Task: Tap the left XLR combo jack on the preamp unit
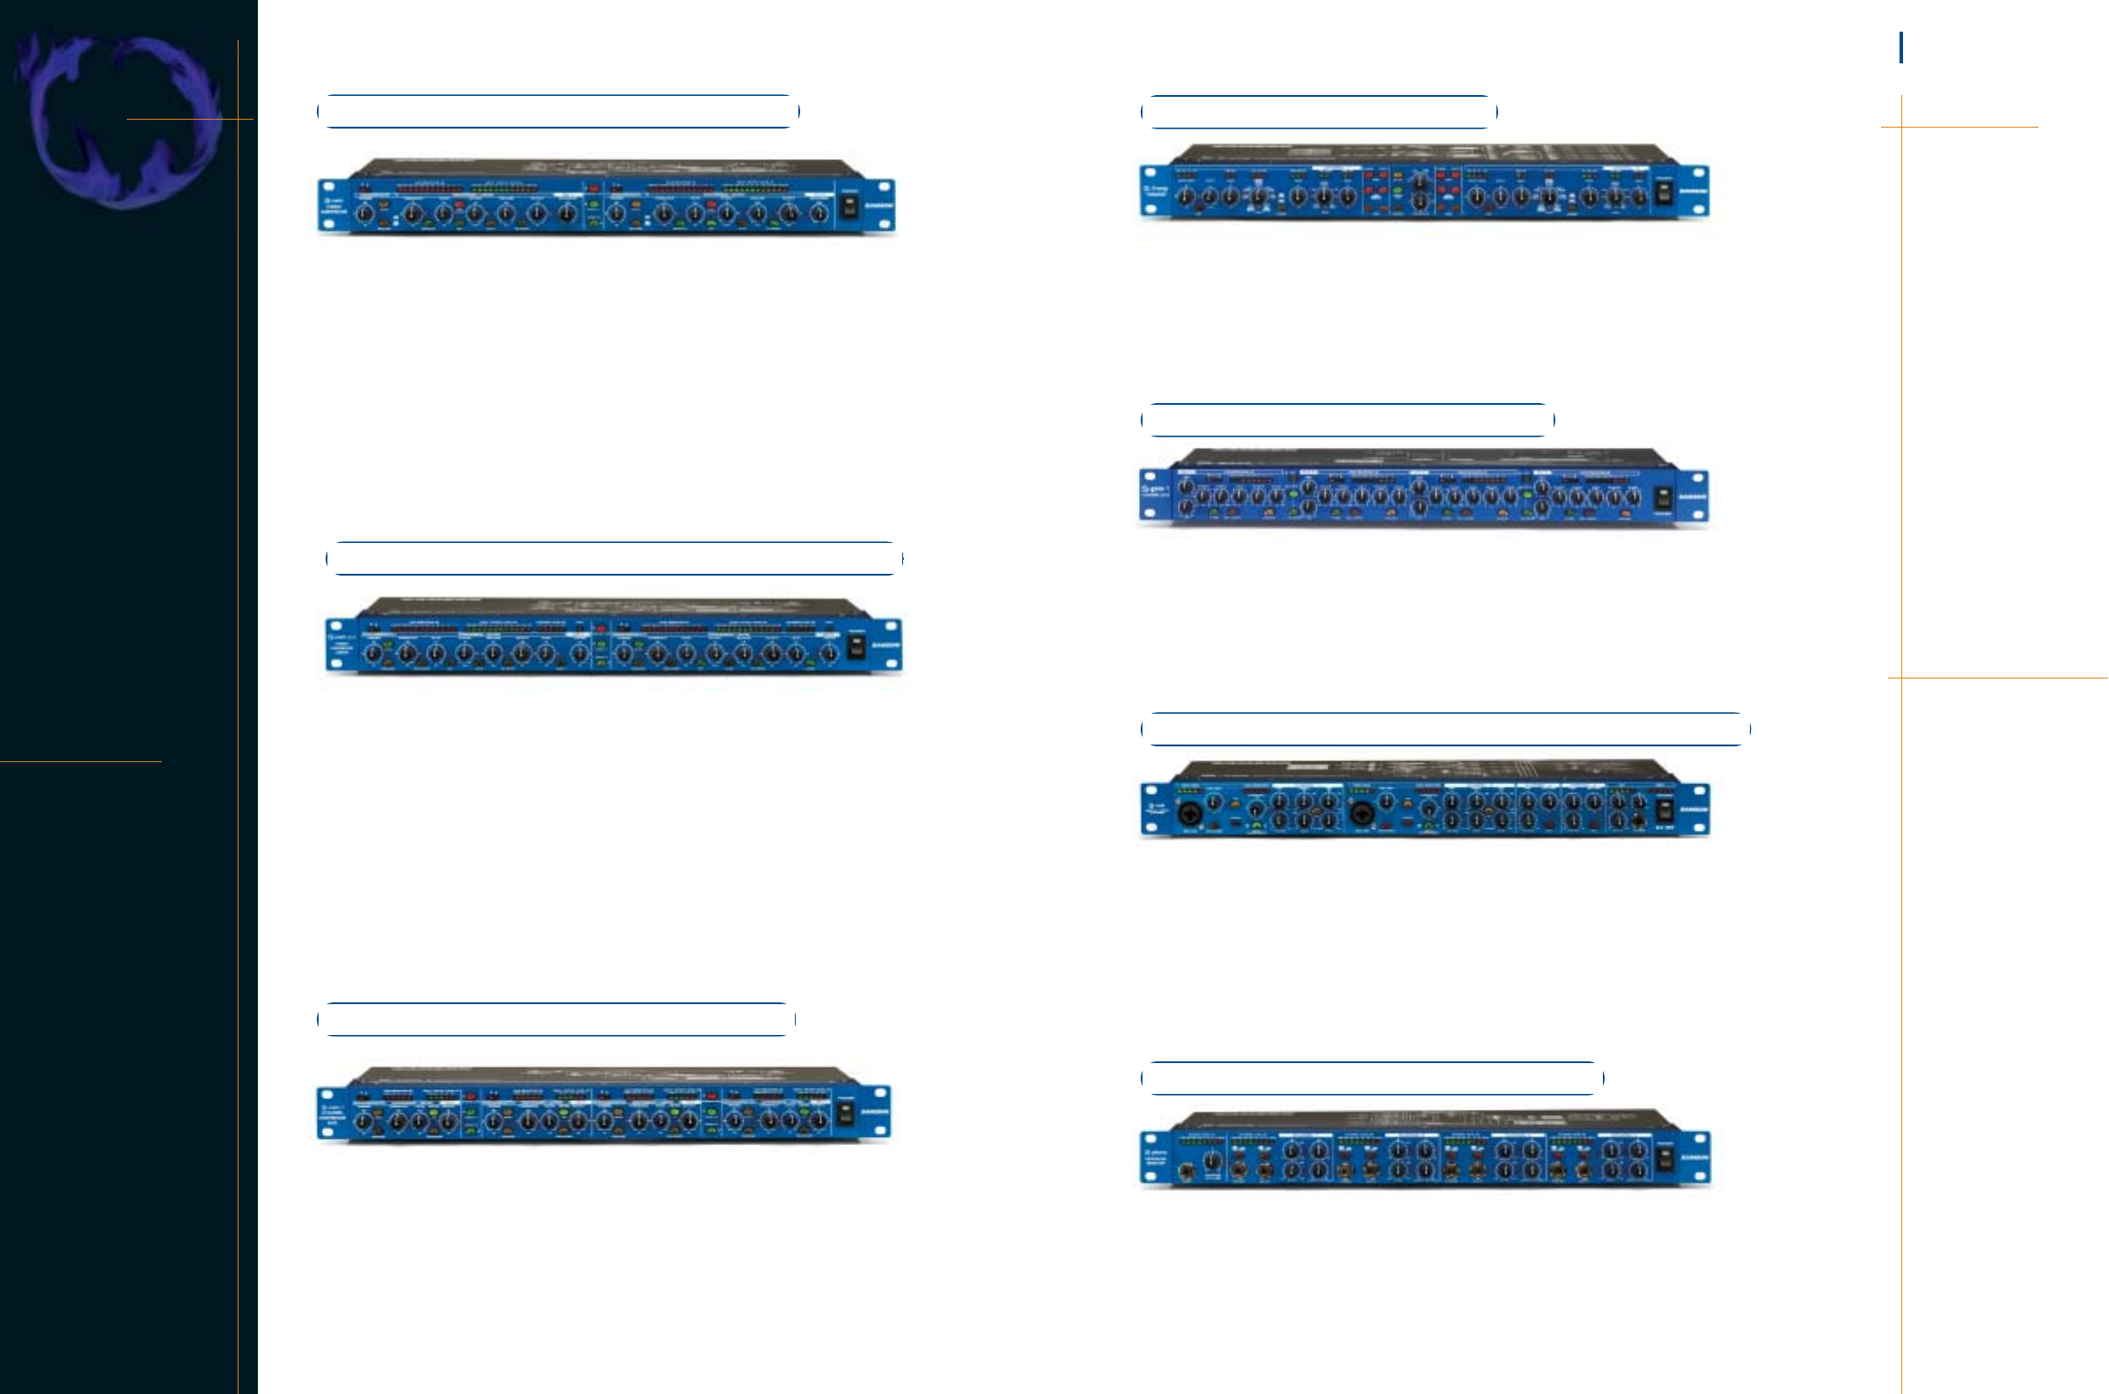(x=1188, y=813)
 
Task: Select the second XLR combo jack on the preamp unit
(x=1360, y=813)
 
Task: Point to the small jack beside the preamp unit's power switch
(x=1639, y=820)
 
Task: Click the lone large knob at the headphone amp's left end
(x=1212, y=1160)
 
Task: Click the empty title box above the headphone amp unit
(x=1372, y=1078)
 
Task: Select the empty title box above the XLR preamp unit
(x=1444, y=729)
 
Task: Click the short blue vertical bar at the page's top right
(x=1901, y=48)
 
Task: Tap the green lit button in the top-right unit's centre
(x=1398, y=190)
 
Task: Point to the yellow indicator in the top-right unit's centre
(x=1398, y=175)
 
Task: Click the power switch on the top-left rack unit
(x=849, y=206)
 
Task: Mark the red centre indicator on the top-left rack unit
(x=593, y=188)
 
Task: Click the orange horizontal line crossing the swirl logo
(x=189, y=119)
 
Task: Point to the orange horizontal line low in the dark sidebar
(x=81, y=761)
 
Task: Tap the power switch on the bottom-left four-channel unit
(x=845, y=1112)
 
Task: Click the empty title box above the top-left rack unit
(x=558, y=112)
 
